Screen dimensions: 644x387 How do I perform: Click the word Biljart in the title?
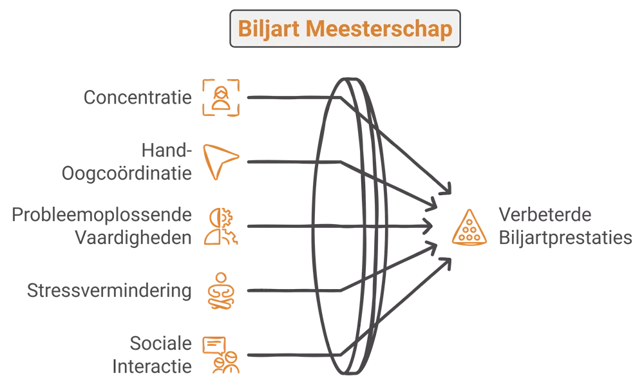point(269,29)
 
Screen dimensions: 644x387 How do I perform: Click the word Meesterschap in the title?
point(379,29)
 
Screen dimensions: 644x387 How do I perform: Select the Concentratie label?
point(138,98)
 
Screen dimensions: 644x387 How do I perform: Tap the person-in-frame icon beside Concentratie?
point(221,98)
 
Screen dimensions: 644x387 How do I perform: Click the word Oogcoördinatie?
point(126,173)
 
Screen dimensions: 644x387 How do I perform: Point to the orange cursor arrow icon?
point(220,162)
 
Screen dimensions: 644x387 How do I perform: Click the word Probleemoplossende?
point(102,215)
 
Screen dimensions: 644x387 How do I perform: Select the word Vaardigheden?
point(133,238)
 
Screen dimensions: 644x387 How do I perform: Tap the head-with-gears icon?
point(221,227)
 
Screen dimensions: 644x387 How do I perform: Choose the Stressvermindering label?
point(109,291)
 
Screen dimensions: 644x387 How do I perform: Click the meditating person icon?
point(221,291)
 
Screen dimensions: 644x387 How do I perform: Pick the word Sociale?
point(160,343)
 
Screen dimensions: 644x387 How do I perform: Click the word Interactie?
point(152,366)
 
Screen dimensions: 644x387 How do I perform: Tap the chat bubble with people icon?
point(221,355)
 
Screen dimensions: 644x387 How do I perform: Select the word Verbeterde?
point(545,215)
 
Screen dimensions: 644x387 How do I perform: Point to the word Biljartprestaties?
point(565,238)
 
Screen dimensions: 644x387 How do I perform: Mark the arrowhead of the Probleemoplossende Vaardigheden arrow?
point(428,226)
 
